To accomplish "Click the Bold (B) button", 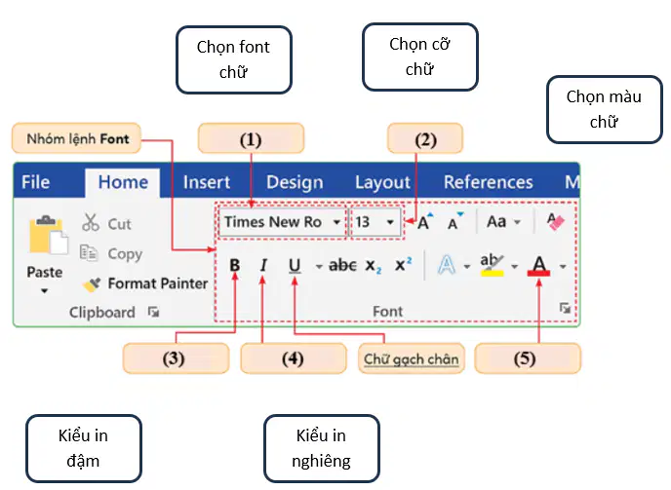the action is point(234,265).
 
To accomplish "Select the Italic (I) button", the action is point(263,265).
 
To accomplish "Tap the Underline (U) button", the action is point(295,266).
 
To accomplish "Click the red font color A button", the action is point(538,266).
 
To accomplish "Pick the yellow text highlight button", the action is point(493,265).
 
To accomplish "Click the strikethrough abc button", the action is point(342,266).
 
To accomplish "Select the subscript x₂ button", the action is point(374,266).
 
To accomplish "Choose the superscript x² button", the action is point(403,264).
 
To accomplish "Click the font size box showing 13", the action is point(375,222).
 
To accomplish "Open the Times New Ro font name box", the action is point(282,222).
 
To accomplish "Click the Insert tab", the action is point(207,182).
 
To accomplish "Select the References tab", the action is point(489,182).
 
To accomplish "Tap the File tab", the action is point(36,182).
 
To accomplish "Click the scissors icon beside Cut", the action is point(91,222).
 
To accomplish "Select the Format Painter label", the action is point(157,283).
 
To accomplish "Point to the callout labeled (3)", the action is point(176,358).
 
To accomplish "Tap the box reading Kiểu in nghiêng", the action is point(322,448).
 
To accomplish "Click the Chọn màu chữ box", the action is point(605,109).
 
